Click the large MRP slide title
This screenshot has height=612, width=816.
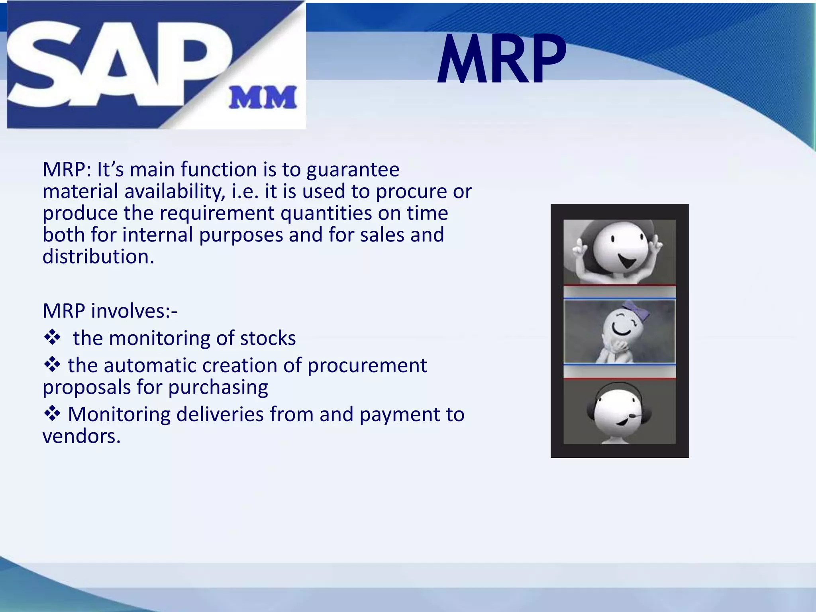(x=501, y=60)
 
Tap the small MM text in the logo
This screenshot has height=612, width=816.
(x=263, y=98)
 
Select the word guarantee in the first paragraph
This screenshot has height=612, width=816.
(x=353, y=170)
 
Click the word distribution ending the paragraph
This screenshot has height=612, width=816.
(x=98, y=257)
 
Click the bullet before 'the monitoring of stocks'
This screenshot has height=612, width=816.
(x=52, y=338)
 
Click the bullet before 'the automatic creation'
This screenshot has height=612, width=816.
(x=52, y=365)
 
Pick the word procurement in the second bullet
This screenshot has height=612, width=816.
(x=367, y=365)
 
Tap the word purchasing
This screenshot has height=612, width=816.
(x=218, y=387)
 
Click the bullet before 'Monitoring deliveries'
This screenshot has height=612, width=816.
(x=52, y=414)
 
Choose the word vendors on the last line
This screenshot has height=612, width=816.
(x=81, y=436)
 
